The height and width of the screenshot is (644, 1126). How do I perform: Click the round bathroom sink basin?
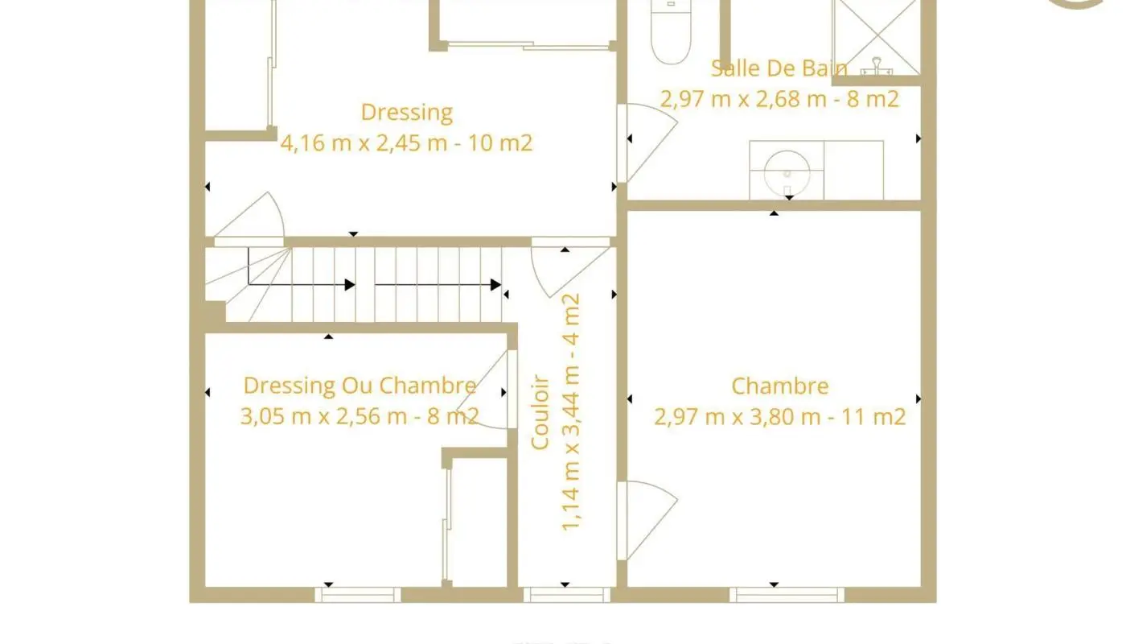787,172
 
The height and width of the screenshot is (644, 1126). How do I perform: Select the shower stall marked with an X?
876,38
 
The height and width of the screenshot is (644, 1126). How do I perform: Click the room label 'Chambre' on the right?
779,386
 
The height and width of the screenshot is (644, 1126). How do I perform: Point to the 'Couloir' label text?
540,412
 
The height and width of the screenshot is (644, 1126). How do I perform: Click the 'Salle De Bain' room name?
779,68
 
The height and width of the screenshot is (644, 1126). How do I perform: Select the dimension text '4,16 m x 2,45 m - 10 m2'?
406,143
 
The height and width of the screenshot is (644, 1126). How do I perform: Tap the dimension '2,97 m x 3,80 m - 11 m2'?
779,417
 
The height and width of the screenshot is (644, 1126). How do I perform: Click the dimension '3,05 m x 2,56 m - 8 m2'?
360,416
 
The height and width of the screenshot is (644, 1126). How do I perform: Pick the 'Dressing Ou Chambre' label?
360,386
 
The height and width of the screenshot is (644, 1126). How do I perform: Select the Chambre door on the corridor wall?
647,521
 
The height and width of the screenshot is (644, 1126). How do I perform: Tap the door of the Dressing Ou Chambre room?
486,390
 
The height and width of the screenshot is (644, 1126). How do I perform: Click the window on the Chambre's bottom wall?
787,595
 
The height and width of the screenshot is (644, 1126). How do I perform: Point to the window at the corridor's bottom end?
567,595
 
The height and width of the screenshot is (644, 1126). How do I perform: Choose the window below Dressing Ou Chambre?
358,595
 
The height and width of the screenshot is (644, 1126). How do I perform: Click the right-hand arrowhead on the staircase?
495,285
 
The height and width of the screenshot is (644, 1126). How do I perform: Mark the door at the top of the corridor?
570,267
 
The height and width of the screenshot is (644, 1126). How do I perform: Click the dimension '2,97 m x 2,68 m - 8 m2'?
779,98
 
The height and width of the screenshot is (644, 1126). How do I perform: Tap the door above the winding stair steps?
249,219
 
